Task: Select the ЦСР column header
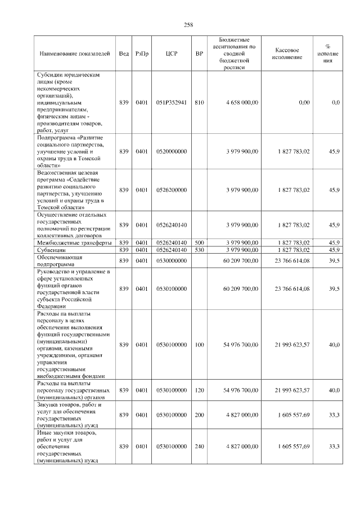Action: (x=172, y=53)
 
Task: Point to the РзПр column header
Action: (x=142, y=53)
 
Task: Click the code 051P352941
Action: (x=172, y=102)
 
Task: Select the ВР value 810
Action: (x=199, y=102)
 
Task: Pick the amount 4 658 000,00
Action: (x=242, y=102)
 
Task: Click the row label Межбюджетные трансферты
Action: (x=73, y=242)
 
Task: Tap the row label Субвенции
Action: (x=52, y=250)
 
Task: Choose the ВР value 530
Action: (x=199, y=250)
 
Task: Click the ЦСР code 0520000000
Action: (x=172, y=151)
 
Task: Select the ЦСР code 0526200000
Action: (x=172, y=190)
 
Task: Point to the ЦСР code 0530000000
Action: (x=172, y=260)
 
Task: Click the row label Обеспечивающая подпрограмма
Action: (x=60, y=260)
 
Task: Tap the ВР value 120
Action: (x=199, y=389)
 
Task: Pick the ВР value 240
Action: (x=199, y=446)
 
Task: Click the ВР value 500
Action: (x=199, y=242)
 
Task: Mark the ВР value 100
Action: (x=199, y=344)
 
